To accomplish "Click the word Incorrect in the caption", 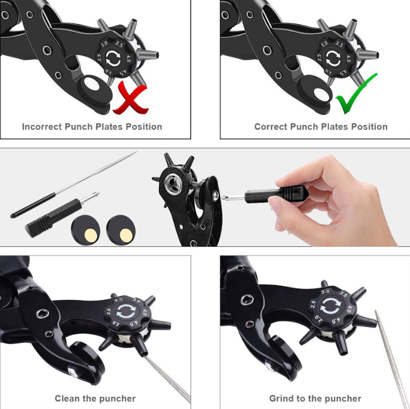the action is (42, 126).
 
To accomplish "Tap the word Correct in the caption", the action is (271, 126).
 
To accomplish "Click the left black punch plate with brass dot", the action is (86, 230).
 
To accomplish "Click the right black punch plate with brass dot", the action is (121, 230).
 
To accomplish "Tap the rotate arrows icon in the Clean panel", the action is (126, 311).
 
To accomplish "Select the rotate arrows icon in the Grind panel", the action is (331, 305).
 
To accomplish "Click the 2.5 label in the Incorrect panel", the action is (99, 57).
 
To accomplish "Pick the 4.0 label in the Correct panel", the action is (348, 58).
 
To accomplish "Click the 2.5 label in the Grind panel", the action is (313, 304).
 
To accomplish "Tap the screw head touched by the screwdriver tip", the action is (216, 196).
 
